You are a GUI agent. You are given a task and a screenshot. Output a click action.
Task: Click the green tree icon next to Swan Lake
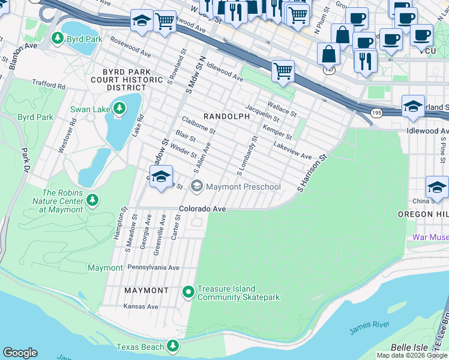[120, 109]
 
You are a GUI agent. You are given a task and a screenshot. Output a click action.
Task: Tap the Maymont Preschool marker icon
[196, 187]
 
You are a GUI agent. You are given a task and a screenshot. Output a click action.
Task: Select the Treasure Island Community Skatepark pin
[188, 292]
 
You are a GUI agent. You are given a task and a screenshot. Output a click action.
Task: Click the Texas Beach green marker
[173, 346]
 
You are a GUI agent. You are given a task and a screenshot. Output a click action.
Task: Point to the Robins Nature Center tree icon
[92, 199]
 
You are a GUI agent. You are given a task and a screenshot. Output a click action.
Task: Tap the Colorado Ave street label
[202, 209]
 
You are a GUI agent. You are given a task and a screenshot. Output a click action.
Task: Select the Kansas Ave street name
[140, 306]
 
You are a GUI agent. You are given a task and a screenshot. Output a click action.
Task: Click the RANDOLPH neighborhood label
[226, 116]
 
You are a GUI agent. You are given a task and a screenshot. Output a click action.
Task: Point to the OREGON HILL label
[423, 214]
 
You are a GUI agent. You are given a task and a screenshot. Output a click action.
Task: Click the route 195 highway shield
[376, 113]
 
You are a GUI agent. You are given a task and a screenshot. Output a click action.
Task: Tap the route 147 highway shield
[329, 70]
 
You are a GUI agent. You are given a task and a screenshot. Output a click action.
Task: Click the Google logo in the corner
[20, 353]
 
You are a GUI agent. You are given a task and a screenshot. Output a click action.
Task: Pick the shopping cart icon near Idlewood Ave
[283, 71]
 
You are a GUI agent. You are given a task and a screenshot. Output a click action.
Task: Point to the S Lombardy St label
[247, 156]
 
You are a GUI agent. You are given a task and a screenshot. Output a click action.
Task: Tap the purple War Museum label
[430, 237]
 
